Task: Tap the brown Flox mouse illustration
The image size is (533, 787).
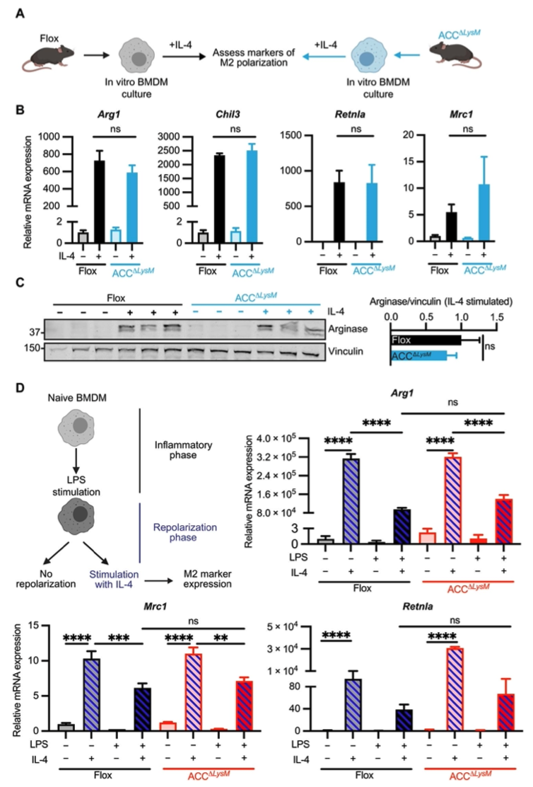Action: [x=44, y=54]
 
